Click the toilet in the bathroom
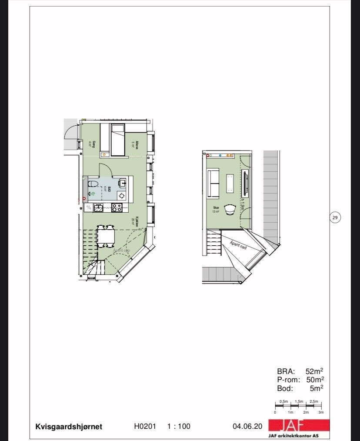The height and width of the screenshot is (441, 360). (93, 183)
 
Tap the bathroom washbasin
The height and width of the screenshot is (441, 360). (123, 182)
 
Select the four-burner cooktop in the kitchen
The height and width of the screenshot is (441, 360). (117, 207)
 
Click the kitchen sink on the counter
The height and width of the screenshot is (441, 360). (99, 208)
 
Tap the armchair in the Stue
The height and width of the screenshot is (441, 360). (230, 210)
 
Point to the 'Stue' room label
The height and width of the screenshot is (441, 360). (216, 208)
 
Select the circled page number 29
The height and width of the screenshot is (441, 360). (335, 217)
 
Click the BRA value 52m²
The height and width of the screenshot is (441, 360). (314, 371)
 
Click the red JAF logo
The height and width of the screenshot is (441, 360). (299, 425)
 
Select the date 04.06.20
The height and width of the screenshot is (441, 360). (247, 427)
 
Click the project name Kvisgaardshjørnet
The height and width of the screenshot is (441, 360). (69, 427)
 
